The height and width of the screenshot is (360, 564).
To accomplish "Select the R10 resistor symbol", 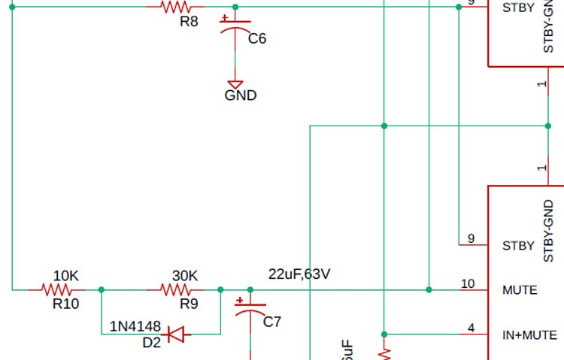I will (x=57, y=289).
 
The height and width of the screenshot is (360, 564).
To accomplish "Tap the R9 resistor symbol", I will (x=178, y=289).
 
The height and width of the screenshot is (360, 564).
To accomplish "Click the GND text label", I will (x=241, y=95).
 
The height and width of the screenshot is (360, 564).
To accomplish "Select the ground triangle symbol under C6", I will (x=235, y=84).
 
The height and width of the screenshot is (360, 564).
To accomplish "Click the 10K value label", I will (x=67, y=276).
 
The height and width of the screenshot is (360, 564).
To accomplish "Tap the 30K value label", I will (x=185, y=276).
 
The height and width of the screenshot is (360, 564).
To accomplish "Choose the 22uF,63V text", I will (x=299, y=274).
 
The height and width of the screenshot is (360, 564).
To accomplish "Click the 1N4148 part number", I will (x=135, y=327).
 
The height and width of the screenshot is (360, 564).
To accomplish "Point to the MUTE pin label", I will (x=520, y=289).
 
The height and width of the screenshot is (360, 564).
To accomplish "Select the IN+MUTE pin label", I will (x=529, y=335).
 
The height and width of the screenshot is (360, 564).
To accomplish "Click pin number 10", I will (x=468, y=284).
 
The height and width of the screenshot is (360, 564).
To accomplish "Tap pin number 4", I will (x=471, y=328).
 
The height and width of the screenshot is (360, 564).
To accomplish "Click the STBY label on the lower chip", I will (x=518, y=245).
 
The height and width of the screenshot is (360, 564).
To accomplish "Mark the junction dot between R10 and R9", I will (x=102, y=289).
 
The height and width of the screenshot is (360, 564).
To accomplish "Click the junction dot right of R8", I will (x=235, y=7).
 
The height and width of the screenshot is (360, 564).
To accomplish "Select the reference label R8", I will (x=189, y=22).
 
